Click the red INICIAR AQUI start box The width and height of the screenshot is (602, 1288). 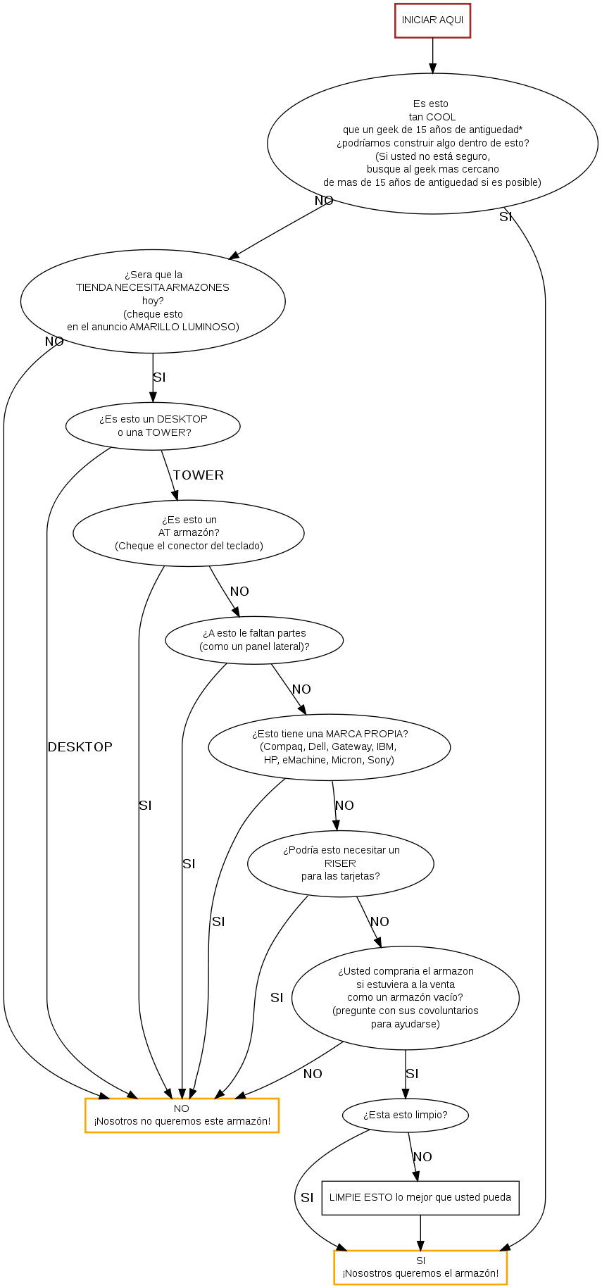432,20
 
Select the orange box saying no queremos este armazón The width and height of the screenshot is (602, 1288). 182,1115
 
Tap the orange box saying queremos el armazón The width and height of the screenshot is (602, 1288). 420,1267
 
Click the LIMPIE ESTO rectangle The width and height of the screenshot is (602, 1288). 420,1197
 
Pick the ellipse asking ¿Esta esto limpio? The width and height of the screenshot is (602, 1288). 406,1115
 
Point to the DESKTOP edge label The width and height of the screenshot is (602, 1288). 80,747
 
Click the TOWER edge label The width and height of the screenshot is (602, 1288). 199,475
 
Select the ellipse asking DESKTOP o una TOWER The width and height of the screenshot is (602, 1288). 153,425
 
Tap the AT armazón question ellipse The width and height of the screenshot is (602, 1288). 189,533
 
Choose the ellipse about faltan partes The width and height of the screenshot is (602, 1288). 254,640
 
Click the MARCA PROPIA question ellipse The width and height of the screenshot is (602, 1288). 330,746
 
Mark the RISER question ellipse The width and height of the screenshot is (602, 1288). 341,863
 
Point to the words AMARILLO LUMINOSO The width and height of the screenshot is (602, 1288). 184,327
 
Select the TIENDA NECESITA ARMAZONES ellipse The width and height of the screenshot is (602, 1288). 153,301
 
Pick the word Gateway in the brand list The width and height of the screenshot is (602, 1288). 351,746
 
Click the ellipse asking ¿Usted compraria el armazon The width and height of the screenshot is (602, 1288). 406,998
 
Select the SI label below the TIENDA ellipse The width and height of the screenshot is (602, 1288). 159,377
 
